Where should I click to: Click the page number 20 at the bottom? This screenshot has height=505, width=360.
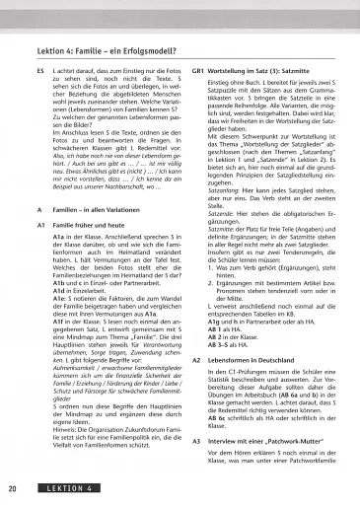click(10, 488)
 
